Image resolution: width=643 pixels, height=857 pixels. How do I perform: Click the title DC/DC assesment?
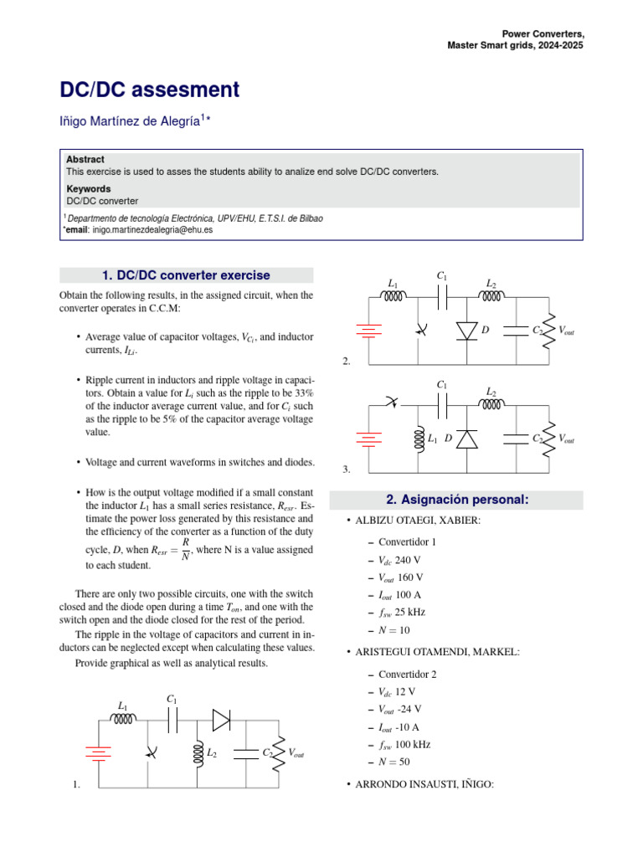coord(149,90)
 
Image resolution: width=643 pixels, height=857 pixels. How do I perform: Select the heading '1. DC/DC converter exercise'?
coord(186,275)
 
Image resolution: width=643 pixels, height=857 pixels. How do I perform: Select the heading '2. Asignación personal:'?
coord(456,500)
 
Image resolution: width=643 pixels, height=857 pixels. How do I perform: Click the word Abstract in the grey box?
coord(85,159)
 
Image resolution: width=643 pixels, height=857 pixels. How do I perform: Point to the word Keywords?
coord(89,189)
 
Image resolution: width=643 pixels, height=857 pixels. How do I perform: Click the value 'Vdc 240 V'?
coord(400,559)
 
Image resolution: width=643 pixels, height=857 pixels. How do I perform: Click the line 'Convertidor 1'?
coord(407,541)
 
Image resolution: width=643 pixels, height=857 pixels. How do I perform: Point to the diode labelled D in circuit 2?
coord(466,331)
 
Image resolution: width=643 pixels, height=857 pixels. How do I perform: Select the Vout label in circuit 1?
coord(296,754)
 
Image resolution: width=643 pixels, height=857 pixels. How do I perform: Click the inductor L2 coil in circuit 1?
coord(198,753)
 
